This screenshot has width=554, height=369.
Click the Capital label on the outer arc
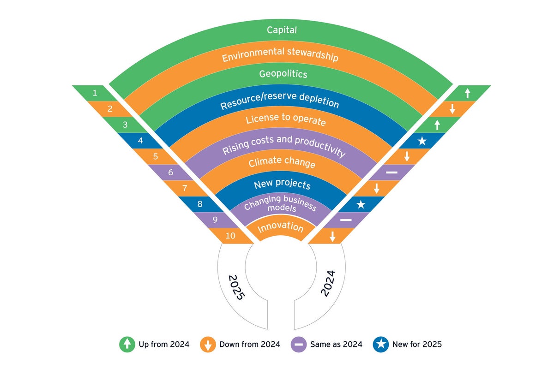coord(282,30)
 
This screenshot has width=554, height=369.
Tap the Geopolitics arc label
coord(283,74)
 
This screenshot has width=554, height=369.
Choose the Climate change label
coord(282,163)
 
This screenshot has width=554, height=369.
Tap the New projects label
coord(282,184)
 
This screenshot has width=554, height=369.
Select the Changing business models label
coord(280,205)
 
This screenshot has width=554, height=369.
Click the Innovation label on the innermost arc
coord(280,228)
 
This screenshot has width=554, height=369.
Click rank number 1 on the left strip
coord(95,93)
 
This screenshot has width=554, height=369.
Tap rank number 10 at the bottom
coord(231,235)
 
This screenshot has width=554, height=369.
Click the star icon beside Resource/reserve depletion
coord(422,141)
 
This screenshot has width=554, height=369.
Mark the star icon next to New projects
coord(361,204)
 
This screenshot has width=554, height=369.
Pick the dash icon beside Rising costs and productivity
coord(391,172)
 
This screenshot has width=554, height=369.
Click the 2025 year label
coord(236,288)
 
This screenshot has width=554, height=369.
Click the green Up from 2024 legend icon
coord(126,344)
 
